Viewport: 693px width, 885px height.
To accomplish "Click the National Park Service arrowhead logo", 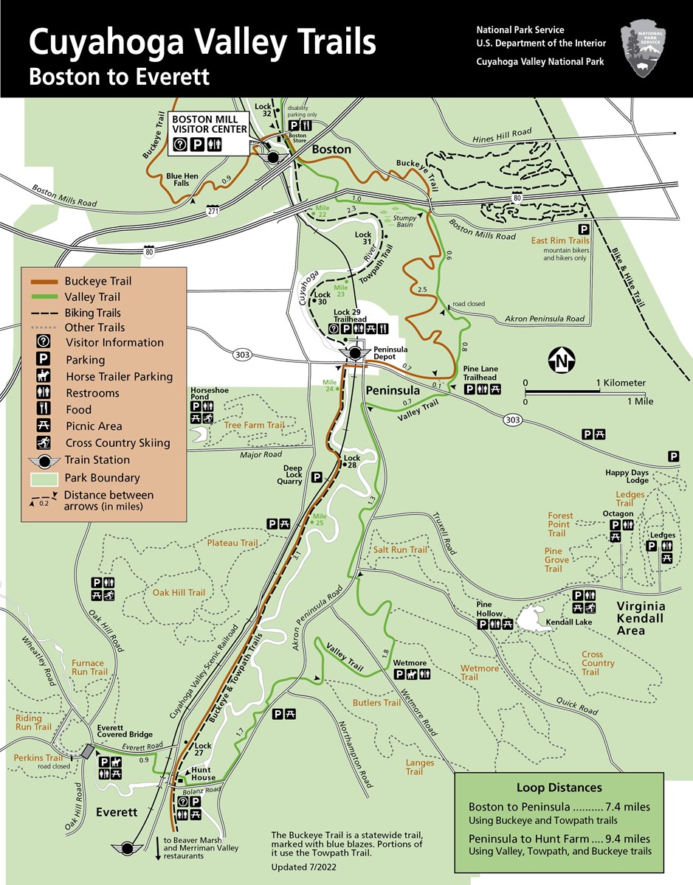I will pos(644,48).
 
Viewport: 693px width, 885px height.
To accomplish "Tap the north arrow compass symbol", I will pos(562,361).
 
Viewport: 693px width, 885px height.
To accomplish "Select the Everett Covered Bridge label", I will pos(125,731).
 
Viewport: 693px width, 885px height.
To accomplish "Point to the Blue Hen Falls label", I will pos(182,180).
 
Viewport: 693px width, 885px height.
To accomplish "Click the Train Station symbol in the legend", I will pos(44,460).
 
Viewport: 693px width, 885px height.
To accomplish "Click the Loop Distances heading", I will pos(559,788).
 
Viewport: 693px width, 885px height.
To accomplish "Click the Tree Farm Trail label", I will pos(254,425).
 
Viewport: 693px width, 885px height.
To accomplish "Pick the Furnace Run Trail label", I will pos(89,667).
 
